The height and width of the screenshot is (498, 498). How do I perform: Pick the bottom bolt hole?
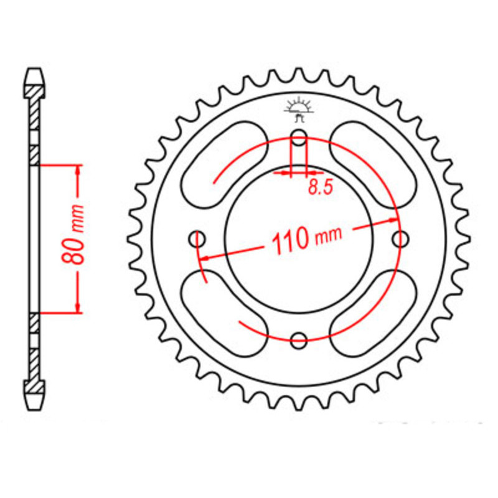tap(299, 340)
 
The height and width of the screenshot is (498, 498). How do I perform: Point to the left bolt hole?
tap(199, 238)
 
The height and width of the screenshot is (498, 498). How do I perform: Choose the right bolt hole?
tap(400, 238)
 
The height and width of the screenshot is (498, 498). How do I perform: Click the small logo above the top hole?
tap(298, 108)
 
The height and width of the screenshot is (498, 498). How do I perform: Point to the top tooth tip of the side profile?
tap(35, 72)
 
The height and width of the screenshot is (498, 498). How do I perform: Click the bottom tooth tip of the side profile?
tap(35, 403)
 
